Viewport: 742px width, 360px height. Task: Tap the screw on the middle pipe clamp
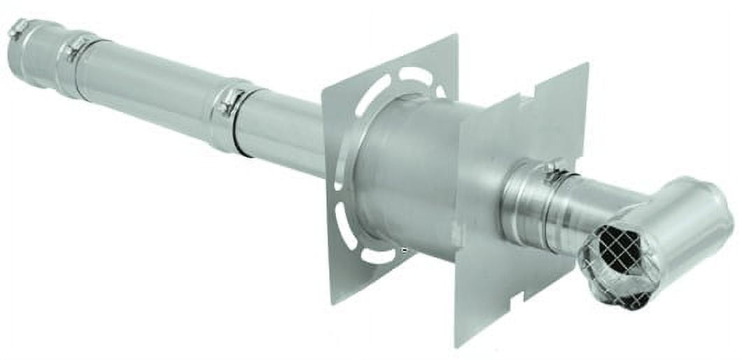coord(227,106)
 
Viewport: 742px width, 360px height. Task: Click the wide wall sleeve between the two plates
coord(413,175)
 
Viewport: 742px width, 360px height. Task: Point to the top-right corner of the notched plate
coord(586,64)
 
